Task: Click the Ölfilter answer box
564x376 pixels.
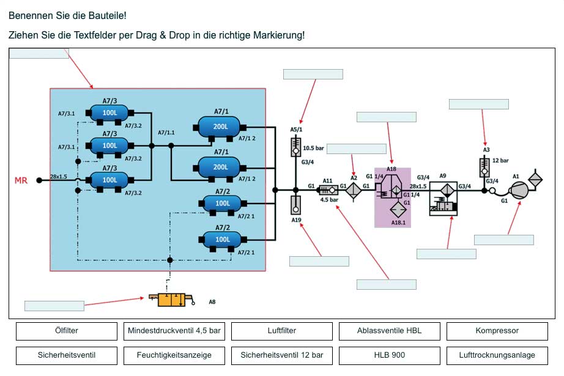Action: [x=66, y=331]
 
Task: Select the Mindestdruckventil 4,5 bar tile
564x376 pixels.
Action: [x=174, y=331]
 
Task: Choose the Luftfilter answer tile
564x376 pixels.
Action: [x=282, y=331]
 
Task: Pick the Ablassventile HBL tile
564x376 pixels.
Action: [x=390, y=331]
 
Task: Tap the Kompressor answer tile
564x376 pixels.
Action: [x=497, y=331]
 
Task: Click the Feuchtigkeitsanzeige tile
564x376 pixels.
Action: [x=174, y=355]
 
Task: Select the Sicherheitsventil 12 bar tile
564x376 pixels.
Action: [x=282, y=355]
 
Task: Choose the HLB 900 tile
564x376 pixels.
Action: [x=390, y=355]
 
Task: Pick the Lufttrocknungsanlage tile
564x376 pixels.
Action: [x=497, y=355]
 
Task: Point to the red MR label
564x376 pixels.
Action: [x=21, y=180]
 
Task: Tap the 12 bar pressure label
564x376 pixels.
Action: [x=500, y=161]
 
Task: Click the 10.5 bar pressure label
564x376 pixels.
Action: [x=313, y=149]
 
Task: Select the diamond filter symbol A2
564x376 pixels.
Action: [x=354, y=190]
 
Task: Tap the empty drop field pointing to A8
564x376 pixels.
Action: [x=54, y=306]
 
